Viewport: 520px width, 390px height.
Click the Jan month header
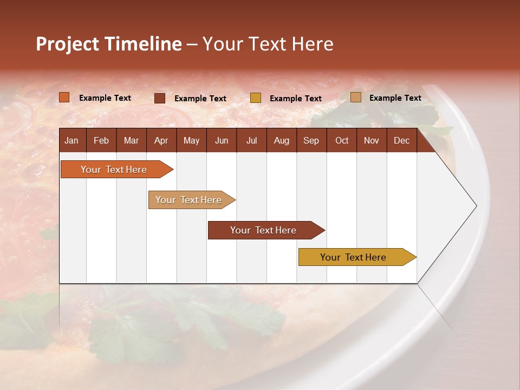[x=71, y=140]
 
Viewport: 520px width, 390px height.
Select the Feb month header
[x=101, y=140]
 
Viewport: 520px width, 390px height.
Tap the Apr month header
[x=161, y=140]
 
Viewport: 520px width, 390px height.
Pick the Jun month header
[x=222, y=140]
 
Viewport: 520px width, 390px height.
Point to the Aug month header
[x=281, y=140]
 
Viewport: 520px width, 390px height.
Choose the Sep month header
[x=311, y=140]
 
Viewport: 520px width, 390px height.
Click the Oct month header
[x=342, y=140]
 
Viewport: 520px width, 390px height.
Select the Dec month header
[x=401, y=140]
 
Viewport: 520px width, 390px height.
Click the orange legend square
[x=64, y=97]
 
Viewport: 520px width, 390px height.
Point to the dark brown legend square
[x=160, y=98]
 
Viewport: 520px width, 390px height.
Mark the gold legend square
[x=256, y=98]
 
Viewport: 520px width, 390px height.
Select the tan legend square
[x=356, y=97]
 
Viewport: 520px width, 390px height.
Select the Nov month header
[x=371, y=140]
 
